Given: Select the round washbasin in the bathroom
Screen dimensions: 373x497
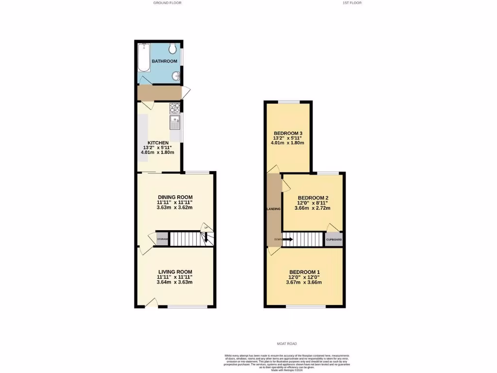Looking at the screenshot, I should (x=177, y=76).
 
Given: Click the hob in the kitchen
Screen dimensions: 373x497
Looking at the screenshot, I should (x=174, y=108).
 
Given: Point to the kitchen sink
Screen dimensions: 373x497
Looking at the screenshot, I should (x=174, y=123).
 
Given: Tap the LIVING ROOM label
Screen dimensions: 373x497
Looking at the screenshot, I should (x=175, y=271).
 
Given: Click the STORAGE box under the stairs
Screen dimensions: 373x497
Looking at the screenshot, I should (x=163, y=239).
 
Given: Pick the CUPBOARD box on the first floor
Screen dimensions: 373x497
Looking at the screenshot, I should (x=334, y=239).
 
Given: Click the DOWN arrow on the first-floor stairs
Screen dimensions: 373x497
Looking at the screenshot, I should (x=287, y=239).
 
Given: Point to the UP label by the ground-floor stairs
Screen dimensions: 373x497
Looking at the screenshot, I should (x=206, y=228).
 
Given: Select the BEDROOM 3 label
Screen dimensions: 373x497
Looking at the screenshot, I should (x=288, y=133).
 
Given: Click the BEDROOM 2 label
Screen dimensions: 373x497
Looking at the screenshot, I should (x=313, y=197).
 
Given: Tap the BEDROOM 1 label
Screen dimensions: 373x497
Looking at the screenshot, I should (x=305, y=271).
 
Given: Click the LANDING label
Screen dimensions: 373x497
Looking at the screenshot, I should (x=274, y=209).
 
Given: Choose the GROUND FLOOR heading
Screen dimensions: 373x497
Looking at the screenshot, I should (x=167, y=3).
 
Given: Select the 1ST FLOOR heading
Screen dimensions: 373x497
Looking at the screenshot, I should (x=352, y=3).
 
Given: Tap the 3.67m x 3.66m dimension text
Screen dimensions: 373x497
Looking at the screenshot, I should (x=305, y=283).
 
